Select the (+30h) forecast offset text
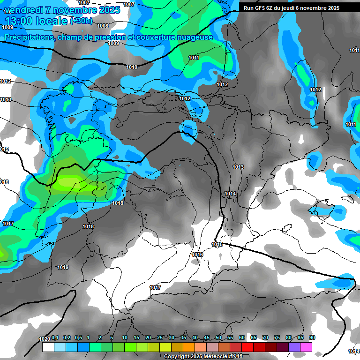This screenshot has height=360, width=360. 81,21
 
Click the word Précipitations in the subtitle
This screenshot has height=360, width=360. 28,37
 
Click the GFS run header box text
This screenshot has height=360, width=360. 291,7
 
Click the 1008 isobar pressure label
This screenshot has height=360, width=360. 103,26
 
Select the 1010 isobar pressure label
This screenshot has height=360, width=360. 132,67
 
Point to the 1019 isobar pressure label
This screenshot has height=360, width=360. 63,267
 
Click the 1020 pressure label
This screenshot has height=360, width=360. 44,339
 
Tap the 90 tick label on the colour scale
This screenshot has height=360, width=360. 312,338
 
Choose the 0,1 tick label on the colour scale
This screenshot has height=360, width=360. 55,338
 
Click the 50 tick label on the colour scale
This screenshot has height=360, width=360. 218,338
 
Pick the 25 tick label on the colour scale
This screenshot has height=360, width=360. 160,338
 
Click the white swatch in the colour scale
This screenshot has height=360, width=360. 48,347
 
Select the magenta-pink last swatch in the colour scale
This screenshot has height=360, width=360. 306,347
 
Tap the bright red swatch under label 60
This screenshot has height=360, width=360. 247,347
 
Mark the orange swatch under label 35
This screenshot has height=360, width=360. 189,347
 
